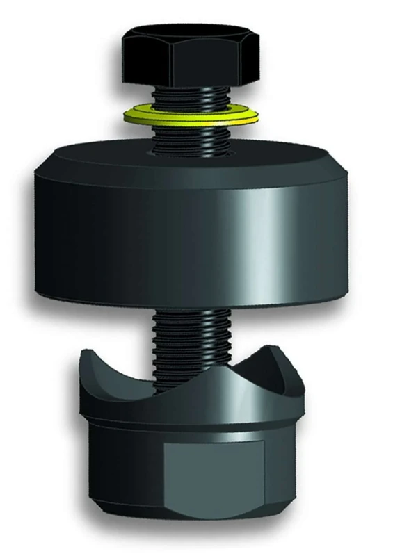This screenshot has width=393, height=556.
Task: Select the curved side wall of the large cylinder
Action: (x=104, y=229)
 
